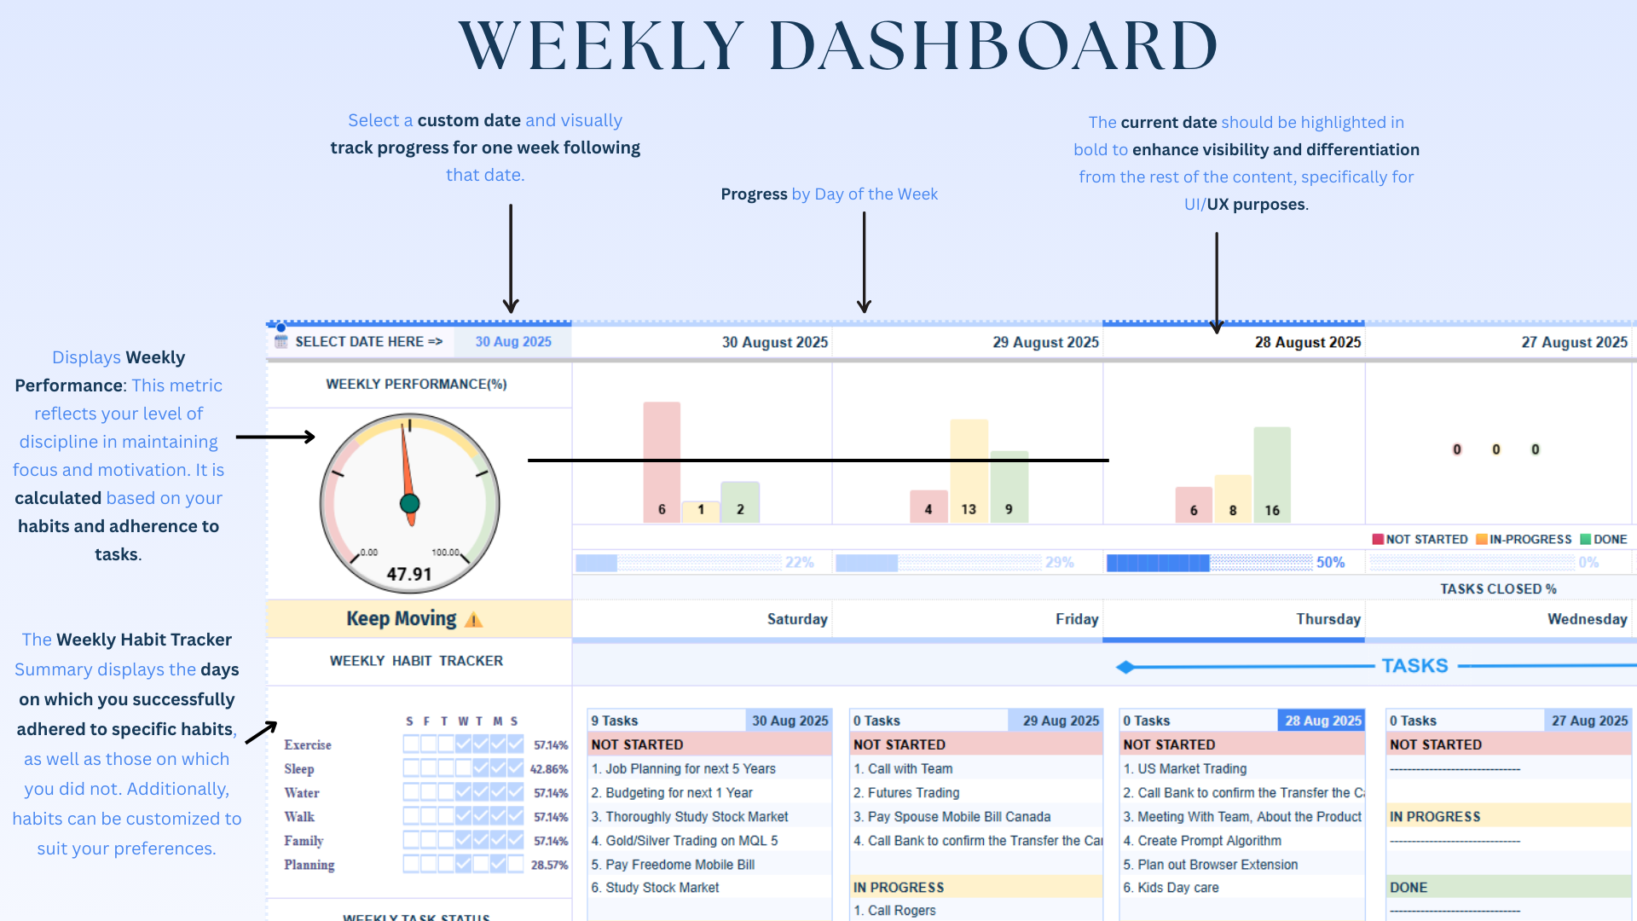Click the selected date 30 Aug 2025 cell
(512, 342)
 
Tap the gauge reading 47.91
(409, 574)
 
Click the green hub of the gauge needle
(410, 503)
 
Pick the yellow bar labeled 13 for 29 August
(969, 469)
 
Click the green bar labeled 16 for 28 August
(1271, 473)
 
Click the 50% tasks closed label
(1330, 563)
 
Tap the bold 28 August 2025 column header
(1307, 343)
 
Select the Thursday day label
(1328, 619)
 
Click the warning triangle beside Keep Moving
(474, 620)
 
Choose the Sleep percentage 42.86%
(549, 769)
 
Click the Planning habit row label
(309, 865)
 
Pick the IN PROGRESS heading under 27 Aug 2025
(1435, 817)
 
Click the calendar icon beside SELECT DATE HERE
(281, 342)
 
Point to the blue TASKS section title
(1414, 666)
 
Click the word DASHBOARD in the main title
(993, 46)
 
